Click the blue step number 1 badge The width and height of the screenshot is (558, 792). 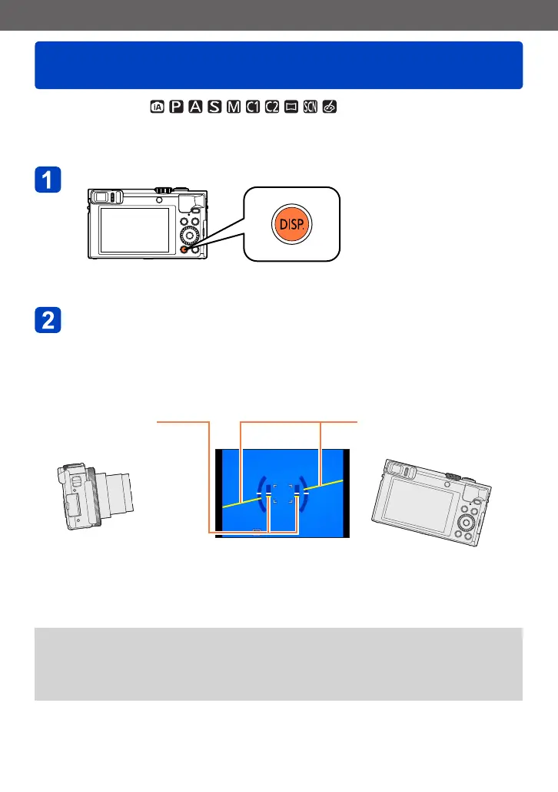(x=48, y=181)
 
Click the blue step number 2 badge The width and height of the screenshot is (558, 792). (x=48, y=322)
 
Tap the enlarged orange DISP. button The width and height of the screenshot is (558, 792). (x=291, y=225)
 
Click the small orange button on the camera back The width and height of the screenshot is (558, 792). (x=183, y=249)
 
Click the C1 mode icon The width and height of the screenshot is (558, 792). (x=249, y=105)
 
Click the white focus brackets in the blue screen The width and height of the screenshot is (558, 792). (x=282, y=494)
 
